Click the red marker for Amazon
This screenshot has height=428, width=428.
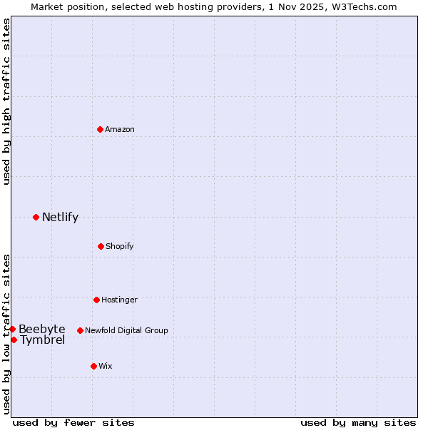[100, 129]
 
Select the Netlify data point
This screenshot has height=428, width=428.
[36, 217]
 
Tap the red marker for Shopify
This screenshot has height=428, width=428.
[101, 246]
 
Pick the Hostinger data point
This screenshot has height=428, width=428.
[96, 300]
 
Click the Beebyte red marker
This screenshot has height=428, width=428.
[12, 329]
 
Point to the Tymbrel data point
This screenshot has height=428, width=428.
[14, 340]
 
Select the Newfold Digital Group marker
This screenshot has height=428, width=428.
[80, 330]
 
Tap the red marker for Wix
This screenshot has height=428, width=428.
[93, 366]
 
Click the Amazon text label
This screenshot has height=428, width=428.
[120, 129]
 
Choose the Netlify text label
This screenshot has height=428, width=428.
[60, 217]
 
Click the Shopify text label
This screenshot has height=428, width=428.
[120, 246]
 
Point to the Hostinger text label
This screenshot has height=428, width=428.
[119, 300]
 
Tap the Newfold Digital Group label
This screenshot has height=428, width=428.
[126, 330]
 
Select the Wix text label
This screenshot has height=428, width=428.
[106, 366]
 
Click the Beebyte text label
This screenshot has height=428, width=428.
[41, 329]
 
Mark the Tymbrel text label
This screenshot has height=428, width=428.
[42, 340]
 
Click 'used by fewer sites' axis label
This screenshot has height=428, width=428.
[73, 422]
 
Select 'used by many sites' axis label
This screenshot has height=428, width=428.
[358, 422]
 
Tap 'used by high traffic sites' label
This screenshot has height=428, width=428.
[6, 101]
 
